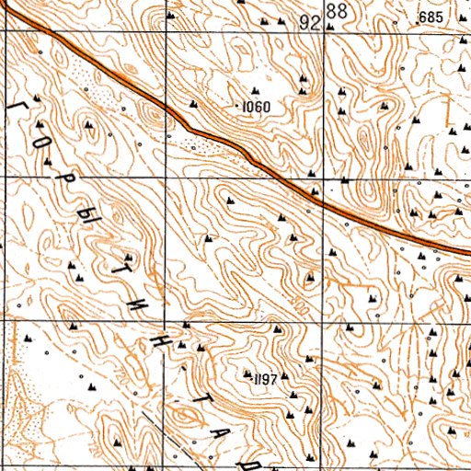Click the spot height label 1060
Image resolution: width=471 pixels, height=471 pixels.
click(257, 108)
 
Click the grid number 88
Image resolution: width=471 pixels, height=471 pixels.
click(337, 12)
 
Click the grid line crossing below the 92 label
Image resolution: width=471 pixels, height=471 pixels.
click(322, 30)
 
